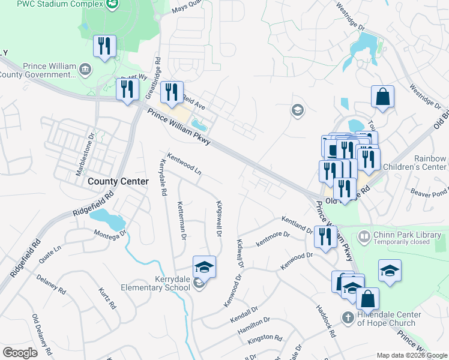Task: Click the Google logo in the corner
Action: pyautogui.click(x=20, y=353)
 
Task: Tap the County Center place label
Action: pyautogui.click(x=118, y=181)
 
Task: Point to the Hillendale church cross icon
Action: pyautogui.click(x=348, y=316)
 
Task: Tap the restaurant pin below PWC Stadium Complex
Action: pyautogui.click(x=105, y=46)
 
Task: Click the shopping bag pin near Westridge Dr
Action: pyautogui.click(x=382, y=97)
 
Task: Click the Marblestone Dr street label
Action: pyautogui.click(x=85, y=154)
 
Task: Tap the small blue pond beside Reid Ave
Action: pyautogui.click(x=199, y=125)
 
